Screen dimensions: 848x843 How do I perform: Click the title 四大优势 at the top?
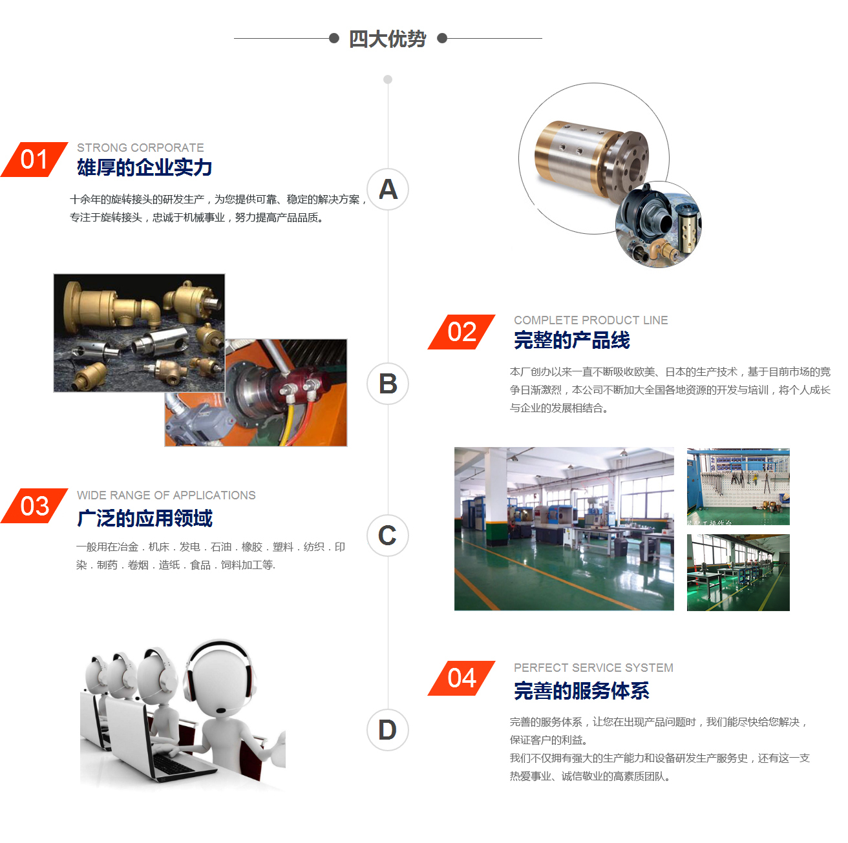pos(387,39)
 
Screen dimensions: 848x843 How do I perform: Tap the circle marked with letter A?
pos(388,189)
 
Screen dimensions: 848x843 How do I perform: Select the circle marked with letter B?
pos(388,384)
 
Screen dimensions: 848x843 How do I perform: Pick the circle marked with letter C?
pos(388,536)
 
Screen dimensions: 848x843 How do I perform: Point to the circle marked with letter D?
pos(388,730)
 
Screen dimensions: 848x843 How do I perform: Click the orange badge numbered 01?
pos(34,160)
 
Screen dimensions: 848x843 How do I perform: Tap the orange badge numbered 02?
pos(461,332)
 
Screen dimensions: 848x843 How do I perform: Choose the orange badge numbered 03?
pos(34,506)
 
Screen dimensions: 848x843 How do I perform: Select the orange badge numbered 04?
pos(461,678)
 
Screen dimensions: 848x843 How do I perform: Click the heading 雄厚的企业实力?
pos(144,168)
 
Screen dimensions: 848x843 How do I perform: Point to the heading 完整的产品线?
pos(571,340)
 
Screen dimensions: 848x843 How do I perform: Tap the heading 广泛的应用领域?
pos(144,518)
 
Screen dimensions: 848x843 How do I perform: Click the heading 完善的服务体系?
pos(581,691)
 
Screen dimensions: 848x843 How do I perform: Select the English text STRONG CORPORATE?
pos(140,147)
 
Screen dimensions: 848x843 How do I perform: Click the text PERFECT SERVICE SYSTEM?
pos(593,667)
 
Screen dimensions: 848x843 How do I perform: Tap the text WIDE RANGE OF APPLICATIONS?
pos(166,495)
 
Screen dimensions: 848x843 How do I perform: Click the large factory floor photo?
pos(564,529)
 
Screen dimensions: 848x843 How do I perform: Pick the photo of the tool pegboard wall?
pos(738,486)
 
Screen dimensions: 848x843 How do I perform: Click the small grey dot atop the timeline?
pos(388,79)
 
